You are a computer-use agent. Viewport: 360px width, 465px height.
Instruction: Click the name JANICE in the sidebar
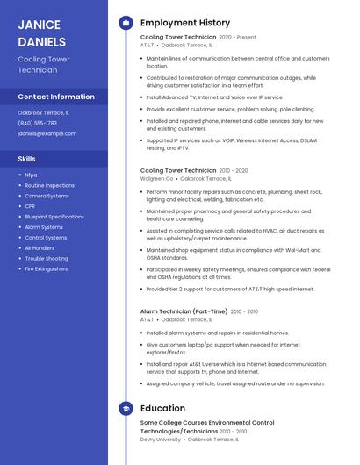pyautogui.click(x=40, y=25)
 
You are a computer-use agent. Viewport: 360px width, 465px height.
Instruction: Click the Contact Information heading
pyautogui.click(x=56, y=97)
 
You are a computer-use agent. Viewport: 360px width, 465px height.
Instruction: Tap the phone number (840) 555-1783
pyautogui.click(x=37, y=123)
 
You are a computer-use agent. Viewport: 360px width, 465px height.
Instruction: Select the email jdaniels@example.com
pyautogui.click(x=47, y=133)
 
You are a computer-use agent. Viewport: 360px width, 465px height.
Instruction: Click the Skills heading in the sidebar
pyautogui.click(x=27, y=159)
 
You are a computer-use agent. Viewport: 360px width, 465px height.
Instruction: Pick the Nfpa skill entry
pyautogui.click(x=31, y=175)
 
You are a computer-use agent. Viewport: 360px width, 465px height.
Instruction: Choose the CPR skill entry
pyautogui.click(x=30, y=206)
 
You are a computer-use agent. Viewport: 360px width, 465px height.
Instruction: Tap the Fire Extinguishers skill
pyautogui.click(x=46, y=269)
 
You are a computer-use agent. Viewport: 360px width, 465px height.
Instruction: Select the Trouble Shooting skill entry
pyautogui.click(x=46, y=259)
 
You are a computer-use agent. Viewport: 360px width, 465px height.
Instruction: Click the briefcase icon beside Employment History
pyautogui.click(x=125, y=23)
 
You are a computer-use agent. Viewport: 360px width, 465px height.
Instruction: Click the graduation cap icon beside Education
pyautogui.click(x=125, y=409)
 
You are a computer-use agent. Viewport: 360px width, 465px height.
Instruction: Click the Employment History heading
pyautogui.click(x=185, y=23)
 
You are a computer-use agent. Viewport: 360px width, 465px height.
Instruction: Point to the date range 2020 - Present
pyautogui.click(x=237, y=38)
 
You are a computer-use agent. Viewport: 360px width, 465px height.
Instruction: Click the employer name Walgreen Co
pyautogui.click(x=157, y=178)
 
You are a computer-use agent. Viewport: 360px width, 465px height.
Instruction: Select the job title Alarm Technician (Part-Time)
pyautogui.click(x=184, y=311)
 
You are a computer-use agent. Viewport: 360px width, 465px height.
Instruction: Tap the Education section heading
pyautogui.click(x=162, y=409)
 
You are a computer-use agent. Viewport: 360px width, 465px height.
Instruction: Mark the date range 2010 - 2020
pyautogui.click(x=234, y=170)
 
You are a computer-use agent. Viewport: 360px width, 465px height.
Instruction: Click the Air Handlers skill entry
pyautogui.click(x=40, y=248)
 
